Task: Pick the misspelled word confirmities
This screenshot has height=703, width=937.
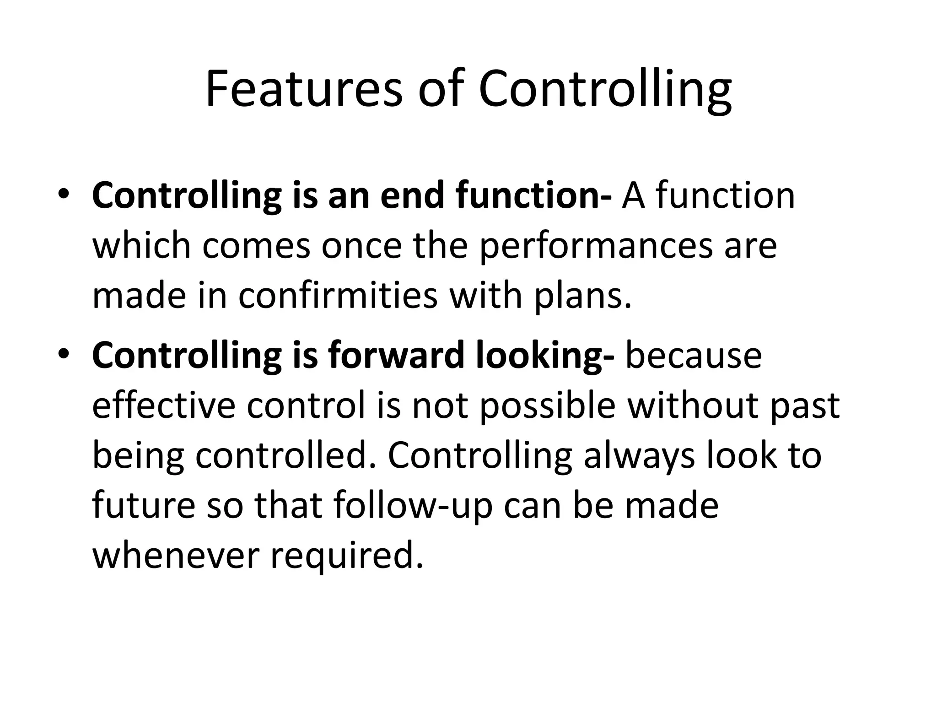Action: click(x=338, y=296)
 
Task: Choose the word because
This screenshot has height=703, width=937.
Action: click(x=693, y=356)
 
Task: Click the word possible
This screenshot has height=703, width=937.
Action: click(x=547, y=406)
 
